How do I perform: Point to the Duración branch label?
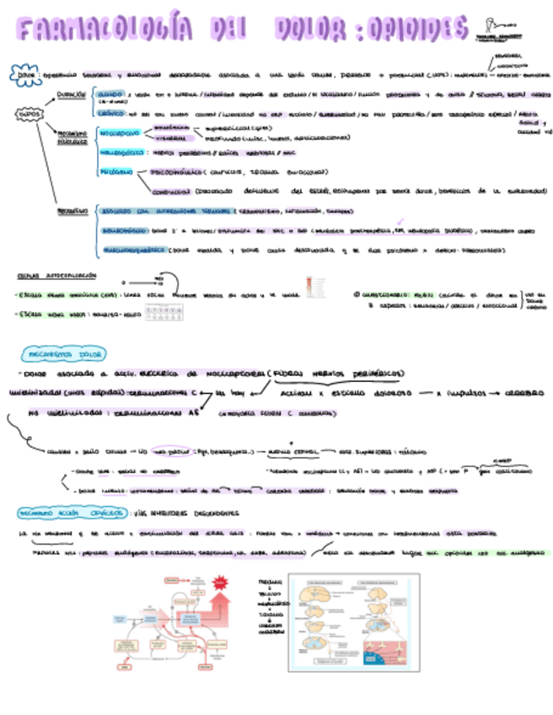(71, 95)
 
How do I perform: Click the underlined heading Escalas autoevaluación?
(56, 276)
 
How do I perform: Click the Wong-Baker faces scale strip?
(165, 313)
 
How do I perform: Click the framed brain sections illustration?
(353, 625)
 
